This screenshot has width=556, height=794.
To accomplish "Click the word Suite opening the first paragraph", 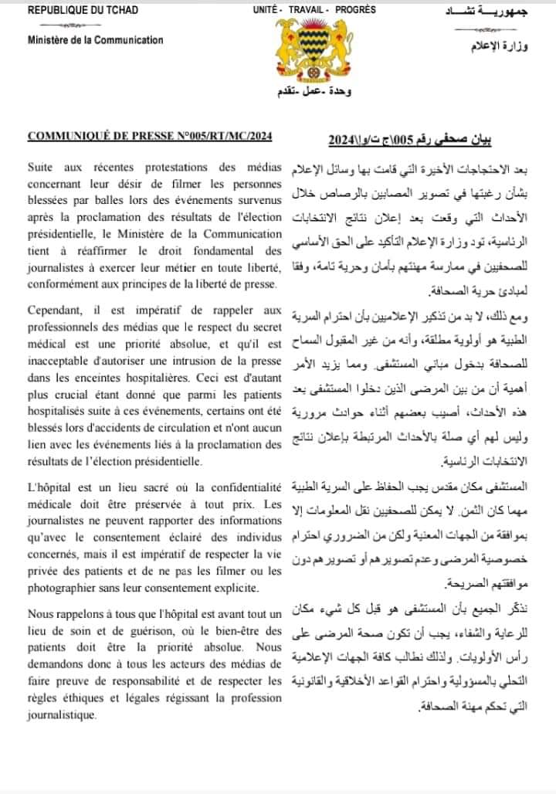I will click(42, 168).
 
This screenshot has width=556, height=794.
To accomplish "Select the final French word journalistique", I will click(61, 714).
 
